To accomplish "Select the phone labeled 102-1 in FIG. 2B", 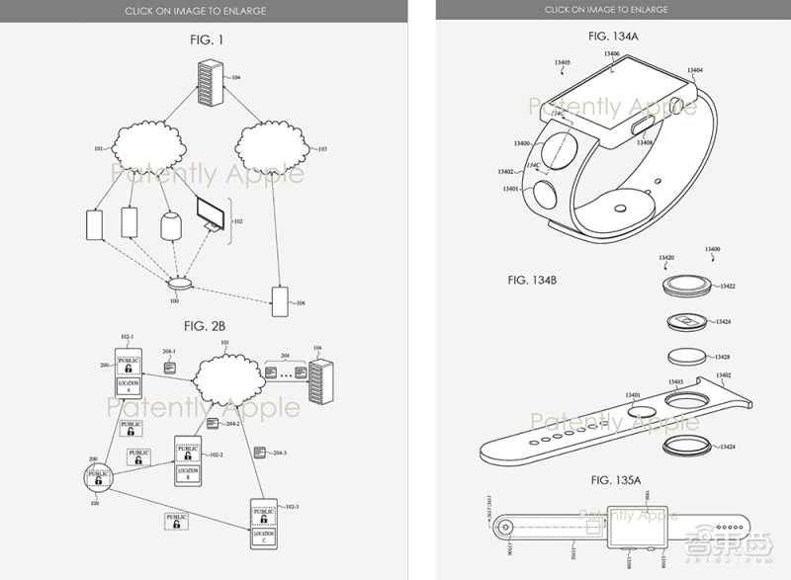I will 131,371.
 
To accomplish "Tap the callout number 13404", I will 694,70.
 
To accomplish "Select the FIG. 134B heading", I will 534,281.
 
